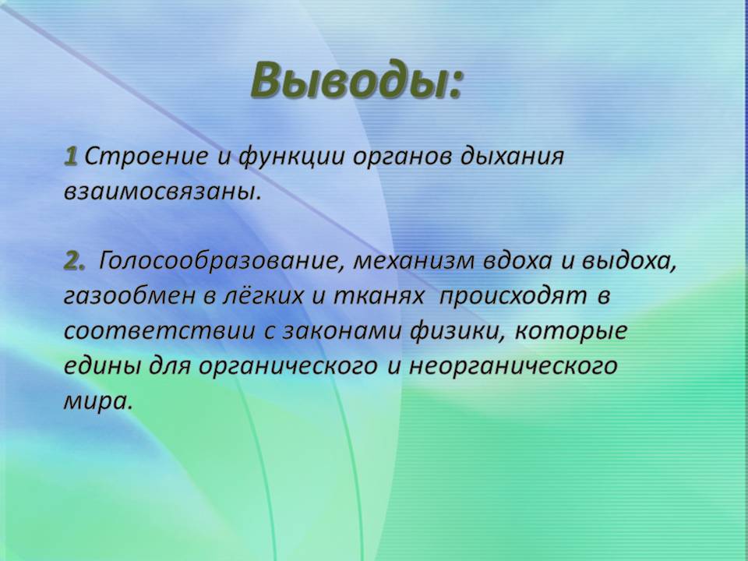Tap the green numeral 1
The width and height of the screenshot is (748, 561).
point(71,157)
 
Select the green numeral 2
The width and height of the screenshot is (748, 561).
point(73,260)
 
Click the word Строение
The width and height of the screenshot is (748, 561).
point(146,157)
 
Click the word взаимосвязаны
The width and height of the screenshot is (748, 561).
point(161,192)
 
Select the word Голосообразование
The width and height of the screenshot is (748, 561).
point(220,261)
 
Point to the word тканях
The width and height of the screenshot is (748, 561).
point(378,296)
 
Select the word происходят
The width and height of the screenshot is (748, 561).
point(513,297)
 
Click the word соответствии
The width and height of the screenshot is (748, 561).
point(159,331)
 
